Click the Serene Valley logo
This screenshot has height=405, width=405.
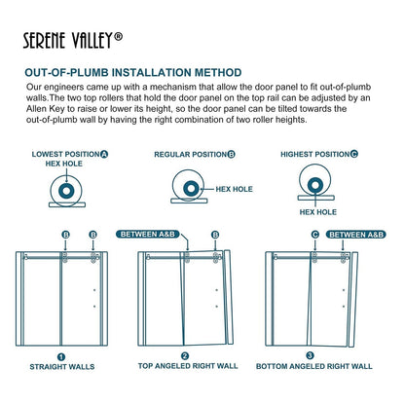click(x=73, y=40)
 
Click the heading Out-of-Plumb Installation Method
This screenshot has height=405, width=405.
click(x=133, y=72)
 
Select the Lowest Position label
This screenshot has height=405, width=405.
click(x=70, y=154)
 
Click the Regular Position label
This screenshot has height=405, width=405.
click(x=195, y=155)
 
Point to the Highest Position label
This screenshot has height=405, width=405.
click(x=319, y=154)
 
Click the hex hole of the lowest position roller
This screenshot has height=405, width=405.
click(x=66, y=191)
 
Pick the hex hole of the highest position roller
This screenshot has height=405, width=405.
click(x=314, y=186)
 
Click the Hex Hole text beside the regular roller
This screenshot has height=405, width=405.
click(x=234, y=189)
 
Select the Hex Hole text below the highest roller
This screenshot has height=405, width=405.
click(x=318, y=212)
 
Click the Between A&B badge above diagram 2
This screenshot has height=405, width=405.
click(x=148, y=234)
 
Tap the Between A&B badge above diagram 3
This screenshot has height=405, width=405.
click(x=356, y=235)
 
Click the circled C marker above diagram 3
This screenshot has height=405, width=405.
click(x=315, y=235)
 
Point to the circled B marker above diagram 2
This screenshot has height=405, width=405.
click(x=215, y=235)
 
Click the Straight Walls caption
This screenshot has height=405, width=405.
click(x=62, y=367)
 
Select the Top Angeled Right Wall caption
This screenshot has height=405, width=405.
click(x=188, y=366)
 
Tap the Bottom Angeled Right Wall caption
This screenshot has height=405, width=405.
click(x=314, y=366)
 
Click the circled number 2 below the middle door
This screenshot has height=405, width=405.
click(x=185, y=356)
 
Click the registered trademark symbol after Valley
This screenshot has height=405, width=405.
click(x=119, y=36)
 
